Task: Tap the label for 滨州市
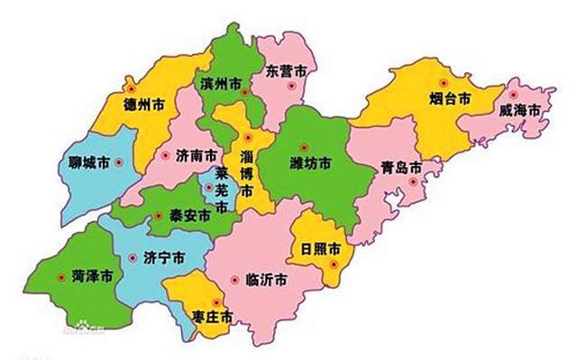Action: tap(222, 83)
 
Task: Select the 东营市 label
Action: tap(288, 69)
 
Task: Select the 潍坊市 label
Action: tap(309, 163)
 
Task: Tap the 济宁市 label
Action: tap(165, 257)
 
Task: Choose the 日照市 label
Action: tap(321, 247)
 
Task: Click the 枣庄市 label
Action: tap(213, 317)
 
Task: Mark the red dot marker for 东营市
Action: tap(290, 86)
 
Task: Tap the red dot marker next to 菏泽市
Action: tap(60, 277)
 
